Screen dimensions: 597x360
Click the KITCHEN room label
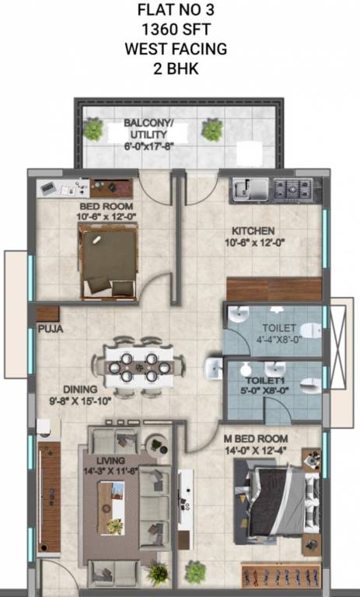pos(253,231)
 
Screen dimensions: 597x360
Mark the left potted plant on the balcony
pos(93,130)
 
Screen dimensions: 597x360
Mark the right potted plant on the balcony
pos(212,130)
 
